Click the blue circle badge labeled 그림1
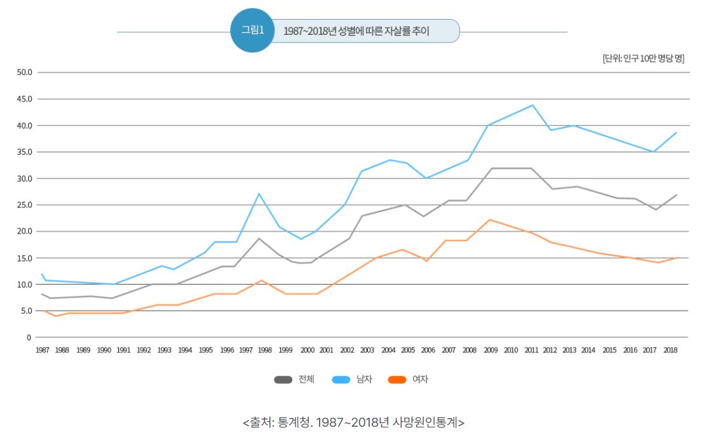pyautogui.click(x=252, y=30)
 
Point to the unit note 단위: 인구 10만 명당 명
pyautogui.click(x=643, y=58)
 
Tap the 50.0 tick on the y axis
pyautogui.click(x=25, y=72)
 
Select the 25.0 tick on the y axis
pyautogui.click(x=25, y=205)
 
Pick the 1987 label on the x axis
pyautogui.click(x=43, y=350)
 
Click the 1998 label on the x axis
pyautogui.click(x=265, y=350)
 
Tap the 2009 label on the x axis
pyautogui.click(x=491, y=350)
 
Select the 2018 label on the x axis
pyautogui.click(x=670, y=350)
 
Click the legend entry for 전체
pyautogui.click(x=294, y=380)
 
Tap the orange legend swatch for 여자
pyautogui.click(x=397, y=380)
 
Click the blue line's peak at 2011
pyautogui.click(x=532, y=105)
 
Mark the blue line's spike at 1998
pyautogui.click(x=259, y=194)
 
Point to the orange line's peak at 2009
pyautogui.click(x=489, y=220)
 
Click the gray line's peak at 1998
pyautogui.click(x=259, y=238)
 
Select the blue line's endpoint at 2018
pyautogui.click(x=677, y=132)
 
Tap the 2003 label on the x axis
pyautogui.click(x=367, y=350)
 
